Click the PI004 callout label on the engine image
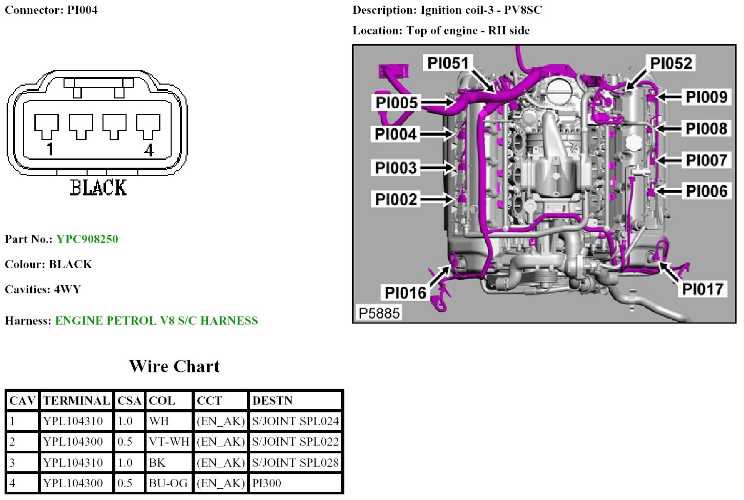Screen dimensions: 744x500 tap(396, 134)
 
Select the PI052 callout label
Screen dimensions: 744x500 tap(671, 64)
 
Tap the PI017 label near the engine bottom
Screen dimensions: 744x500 tap(702, 289)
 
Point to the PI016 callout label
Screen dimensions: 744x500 tap(405, 293)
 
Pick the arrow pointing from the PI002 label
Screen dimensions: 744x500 tap(437, 199)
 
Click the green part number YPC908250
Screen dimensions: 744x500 tap(87, 239)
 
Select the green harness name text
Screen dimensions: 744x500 tap(156, 321)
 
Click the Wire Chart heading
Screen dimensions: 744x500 tap(174, 366)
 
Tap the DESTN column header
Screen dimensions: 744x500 tap(273, 401)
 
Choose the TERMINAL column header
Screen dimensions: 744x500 tap(76, 401)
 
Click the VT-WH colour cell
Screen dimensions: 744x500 tap(169, 442)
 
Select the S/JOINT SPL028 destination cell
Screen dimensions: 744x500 tap(295, 463)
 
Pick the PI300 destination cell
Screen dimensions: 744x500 tap(266, 483)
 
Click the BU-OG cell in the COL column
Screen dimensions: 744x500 tap(168, 483)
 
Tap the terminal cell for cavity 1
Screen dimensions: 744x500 tap(73, 421)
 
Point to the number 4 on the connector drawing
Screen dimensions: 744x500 tap(149, 150)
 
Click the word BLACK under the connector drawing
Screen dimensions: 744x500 tap(98, 188)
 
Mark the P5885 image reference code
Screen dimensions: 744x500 tap(379, 313)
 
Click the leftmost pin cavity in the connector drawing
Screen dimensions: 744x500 tap(47, 126)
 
